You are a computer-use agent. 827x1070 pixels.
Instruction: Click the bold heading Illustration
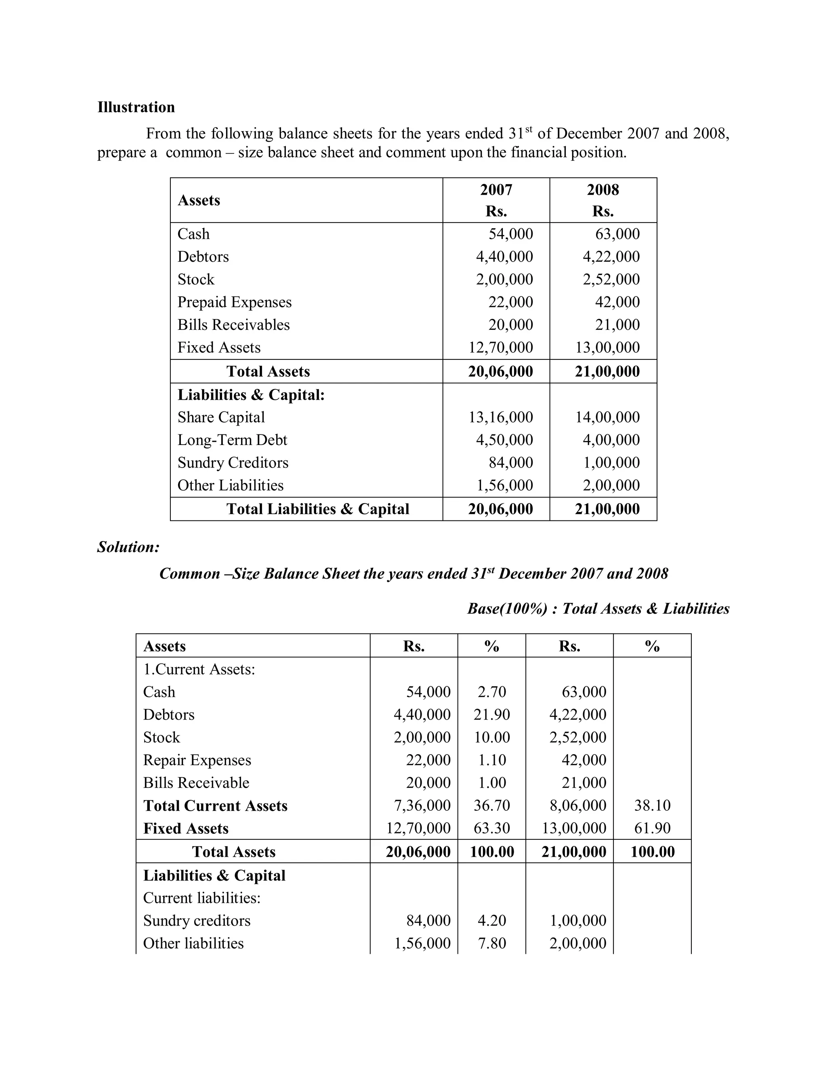(x=136, y=107)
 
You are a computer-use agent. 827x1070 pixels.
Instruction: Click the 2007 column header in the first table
(x=496, y=190)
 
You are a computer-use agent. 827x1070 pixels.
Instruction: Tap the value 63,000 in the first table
(x=617, y=234)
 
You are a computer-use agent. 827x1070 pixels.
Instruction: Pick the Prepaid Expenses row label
(x=234, y=302)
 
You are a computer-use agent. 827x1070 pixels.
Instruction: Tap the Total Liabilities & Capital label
(x=317, y=509)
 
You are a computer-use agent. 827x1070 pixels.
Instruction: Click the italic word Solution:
(x=128, y=547)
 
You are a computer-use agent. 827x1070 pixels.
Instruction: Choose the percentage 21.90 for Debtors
(x=491, y=715)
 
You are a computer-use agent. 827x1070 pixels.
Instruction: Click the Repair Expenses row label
(x=197, y=760)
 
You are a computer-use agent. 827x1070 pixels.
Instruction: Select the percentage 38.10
(x=652, y=806)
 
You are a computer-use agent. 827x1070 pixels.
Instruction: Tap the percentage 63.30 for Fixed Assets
(x=491, y=829)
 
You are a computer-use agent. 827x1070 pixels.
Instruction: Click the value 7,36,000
(x=422, y=806)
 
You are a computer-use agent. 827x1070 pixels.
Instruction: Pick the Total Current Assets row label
(x=215, y=806)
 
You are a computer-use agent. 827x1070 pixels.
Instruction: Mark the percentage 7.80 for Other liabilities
(x=491, y=943)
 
